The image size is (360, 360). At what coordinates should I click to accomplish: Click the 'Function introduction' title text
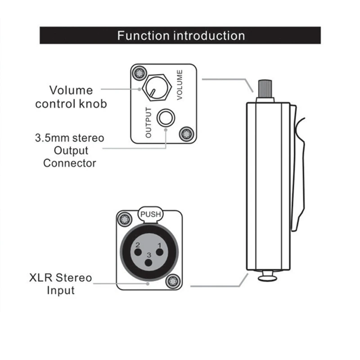(181, 36)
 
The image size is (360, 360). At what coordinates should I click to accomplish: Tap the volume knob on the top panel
(157, 87)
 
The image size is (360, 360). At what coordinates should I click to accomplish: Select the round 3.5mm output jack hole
(166, 118)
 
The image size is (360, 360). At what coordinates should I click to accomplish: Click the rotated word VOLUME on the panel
(180, 85)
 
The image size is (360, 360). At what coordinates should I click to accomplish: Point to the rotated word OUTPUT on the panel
(148, 122)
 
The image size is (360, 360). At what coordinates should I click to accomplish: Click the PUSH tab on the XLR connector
(151, 215)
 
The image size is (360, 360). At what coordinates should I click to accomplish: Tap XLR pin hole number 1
(160, 252)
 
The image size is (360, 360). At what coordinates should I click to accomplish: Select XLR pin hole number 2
(138, 252)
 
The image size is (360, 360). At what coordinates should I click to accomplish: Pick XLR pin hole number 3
(149, 263)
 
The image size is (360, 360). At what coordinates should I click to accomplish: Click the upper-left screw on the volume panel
(139, 73)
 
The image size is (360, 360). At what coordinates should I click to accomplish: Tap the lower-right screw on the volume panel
(186, 134)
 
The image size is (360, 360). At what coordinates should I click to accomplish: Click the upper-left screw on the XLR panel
(125, 219)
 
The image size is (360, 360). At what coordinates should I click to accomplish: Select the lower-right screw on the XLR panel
(173, 281)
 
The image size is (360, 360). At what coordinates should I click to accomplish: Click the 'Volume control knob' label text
(71, 97)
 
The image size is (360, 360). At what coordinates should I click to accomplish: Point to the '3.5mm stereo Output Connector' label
(70, 151)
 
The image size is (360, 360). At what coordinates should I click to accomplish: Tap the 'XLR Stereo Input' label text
(61, 284)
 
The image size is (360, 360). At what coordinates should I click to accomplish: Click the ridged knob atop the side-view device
(265, 89)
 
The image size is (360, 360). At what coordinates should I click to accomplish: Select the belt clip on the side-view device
(298, 167)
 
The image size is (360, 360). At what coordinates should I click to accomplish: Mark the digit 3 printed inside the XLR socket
(149, 255)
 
